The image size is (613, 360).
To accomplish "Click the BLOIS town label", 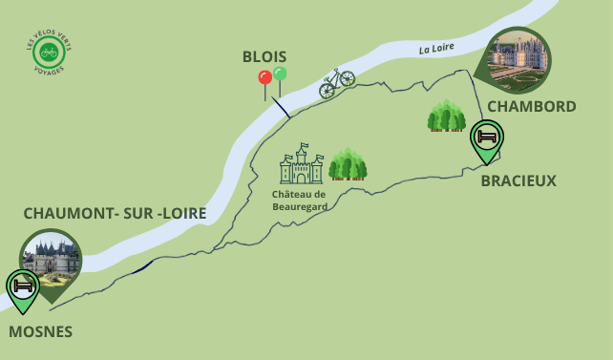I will tap(264, 56).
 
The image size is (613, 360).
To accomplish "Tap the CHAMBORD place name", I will tap(531, 106).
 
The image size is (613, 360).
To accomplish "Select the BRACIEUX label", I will tap(518, 180).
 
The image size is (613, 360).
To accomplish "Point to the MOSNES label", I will tap(40, 331).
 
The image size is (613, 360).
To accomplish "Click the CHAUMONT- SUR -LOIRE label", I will tap(115, 213).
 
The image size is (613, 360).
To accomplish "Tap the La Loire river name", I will tap(435, 48).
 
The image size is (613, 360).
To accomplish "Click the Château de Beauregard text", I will tap(299, 200).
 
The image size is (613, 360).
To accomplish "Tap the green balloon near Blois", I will tap(280, 74).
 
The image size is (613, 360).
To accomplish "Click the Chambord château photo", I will tap(518, 58).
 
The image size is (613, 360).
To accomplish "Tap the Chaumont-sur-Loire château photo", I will tap(52, 262).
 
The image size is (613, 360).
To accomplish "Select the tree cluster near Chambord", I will tap(446, 116).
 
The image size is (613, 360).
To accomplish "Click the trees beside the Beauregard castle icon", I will tap(348, 164).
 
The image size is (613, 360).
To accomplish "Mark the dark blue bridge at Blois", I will tap(280, 105).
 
